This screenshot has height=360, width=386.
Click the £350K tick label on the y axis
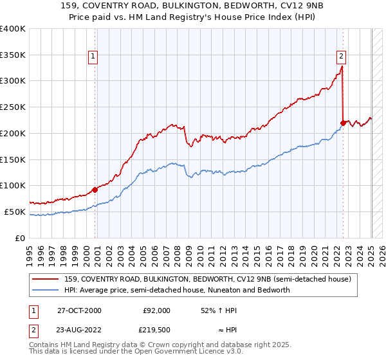pos(13,55)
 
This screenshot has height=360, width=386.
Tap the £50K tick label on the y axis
pos(15,212)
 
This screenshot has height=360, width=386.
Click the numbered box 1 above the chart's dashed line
pos(94,56)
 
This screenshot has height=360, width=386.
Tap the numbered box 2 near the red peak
pos(340,56)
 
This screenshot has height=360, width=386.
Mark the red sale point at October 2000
pos(95,190)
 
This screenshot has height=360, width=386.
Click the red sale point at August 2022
pos(343,122)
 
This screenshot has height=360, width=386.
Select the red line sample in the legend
pos(46,280)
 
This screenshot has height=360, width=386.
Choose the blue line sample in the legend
pos(46,290)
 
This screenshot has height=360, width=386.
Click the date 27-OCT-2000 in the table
pos(79,310)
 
